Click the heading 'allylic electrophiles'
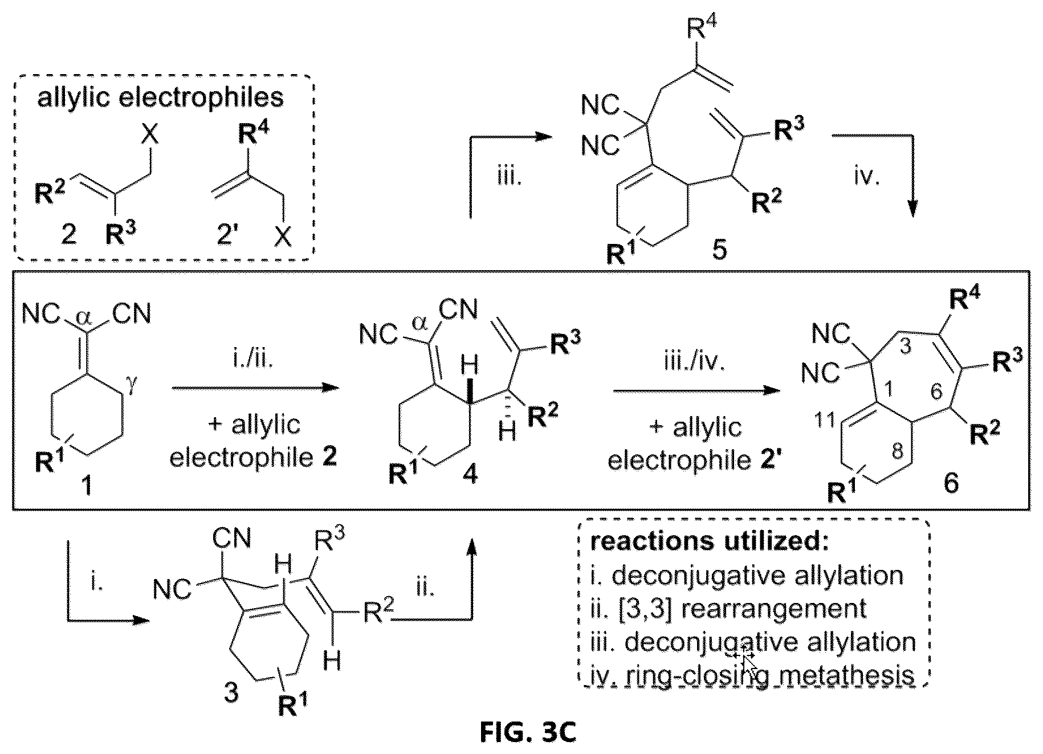click(160, 97)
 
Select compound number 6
click(951, 483)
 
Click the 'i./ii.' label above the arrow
click(251, 361)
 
